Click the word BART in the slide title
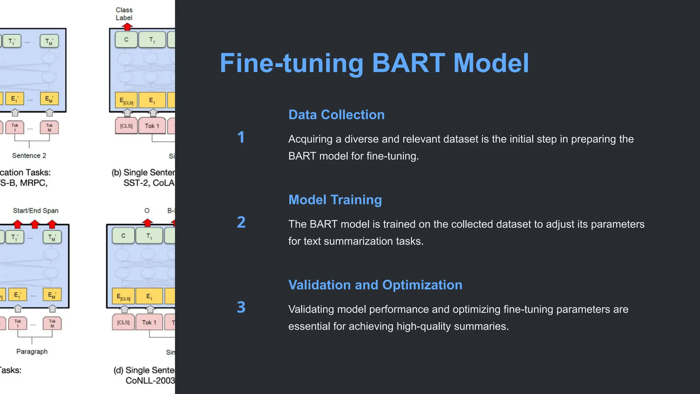click(408, 63)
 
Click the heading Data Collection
click(336, 115)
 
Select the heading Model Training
click(335, 200)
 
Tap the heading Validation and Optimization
click(375, 285)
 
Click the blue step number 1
click(241, 137)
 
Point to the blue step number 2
click(241, 222)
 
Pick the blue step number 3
click(241, 307)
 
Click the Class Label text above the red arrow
click(124, 14)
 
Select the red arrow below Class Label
click(127, 27)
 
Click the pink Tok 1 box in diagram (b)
click(152, 126)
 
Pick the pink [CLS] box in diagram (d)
click(123, 323)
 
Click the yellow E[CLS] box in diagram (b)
click(126, 101)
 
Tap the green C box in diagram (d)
click(123, 236)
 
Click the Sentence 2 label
click(29, 156)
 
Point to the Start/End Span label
click(36, 211)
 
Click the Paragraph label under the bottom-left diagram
click(32, 352)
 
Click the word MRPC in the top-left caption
click(33, 183)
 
